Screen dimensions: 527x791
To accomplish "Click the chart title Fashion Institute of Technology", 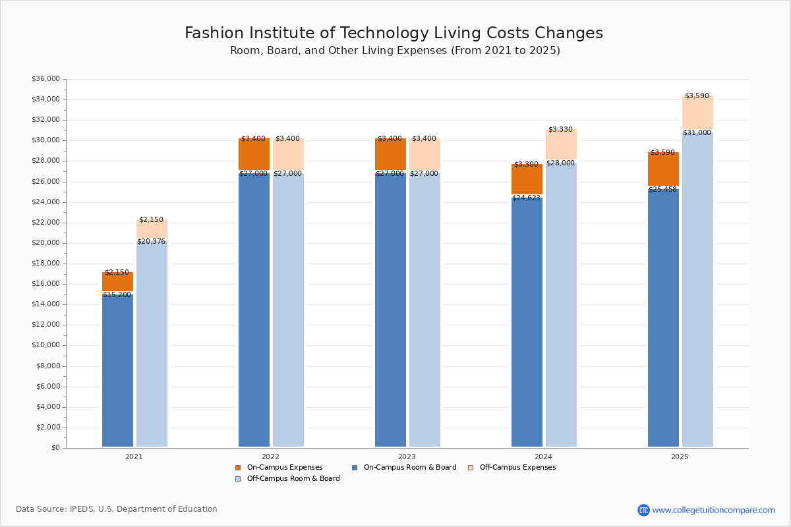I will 394,33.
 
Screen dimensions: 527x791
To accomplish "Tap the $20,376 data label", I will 152,242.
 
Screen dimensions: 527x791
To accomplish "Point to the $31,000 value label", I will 697,133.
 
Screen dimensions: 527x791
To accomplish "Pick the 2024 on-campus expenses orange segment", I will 527,180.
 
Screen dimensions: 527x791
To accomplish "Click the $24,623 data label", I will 526,198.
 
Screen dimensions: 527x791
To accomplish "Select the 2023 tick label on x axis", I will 407,457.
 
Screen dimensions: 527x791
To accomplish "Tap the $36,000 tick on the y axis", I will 45,79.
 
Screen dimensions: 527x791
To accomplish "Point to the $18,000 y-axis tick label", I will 45,263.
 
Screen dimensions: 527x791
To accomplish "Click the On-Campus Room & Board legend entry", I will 409,468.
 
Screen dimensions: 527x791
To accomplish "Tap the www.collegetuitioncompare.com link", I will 713,510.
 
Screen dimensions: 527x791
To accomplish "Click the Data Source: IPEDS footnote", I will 117,509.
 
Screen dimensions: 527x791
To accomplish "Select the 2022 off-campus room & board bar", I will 288,310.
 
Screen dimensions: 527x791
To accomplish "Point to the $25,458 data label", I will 662,190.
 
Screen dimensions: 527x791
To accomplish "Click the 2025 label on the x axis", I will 680,457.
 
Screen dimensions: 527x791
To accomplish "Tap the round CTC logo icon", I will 643,510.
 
